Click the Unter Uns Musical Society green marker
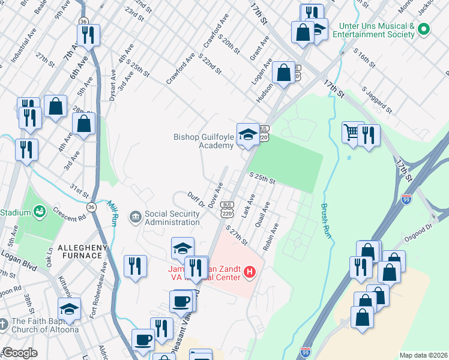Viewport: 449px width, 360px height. pos(424,29)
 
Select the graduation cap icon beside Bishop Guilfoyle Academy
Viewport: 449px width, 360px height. pos(247,134)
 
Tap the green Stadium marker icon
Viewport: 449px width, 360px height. pos(40,212)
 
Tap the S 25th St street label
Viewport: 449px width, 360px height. pos(262,179)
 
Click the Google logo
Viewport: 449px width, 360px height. pos(20,353)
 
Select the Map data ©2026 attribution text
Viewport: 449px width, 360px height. pos(423,355)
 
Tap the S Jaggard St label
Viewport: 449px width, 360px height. pos(377,100)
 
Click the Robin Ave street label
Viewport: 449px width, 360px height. pos(271,237)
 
